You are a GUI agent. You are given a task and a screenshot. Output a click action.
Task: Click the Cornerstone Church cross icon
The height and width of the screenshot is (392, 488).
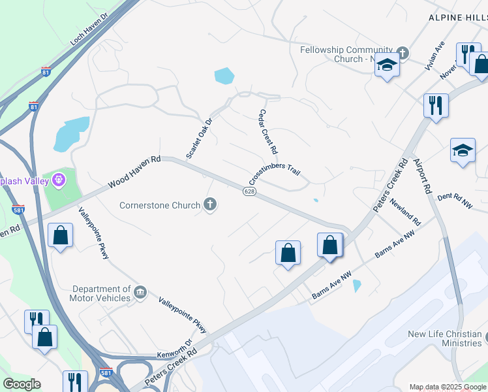tap(210, 205)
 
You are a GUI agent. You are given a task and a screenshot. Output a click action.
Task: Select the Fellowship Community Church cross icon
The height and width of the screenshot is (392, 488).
tap(403, 52)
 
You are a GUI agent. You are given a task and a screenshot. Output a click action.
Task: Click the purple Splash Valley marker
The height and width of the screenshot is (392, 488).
tap(59, 178)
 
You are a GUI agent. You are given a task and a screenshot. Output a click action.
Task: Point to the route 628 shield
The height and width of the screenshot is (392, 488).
tap(249, 191)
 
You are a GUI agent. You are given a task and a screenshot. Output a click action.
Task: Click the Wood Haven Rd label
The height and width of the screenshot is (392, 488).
tap(134, 172)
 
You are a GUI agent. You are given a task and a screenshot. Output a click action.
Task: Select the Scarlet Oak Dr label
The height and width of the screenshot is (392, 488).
tap(199, 138)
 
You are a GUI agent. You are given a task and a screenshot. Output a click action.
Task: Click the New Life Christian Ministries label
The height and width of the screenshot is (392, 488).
tap(444, 338)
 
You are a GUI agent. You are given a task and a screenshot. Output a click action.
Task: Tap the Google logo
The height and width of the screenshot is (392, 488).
tap(22, 384)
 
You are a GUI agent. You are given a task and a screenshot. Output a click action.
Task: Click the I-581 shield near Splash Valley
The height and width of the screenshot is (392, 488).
tap(18, 210)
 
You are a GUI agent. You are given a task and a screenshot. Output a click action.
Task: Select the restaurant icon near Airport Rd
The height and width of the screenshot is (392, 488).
tap(435, 105)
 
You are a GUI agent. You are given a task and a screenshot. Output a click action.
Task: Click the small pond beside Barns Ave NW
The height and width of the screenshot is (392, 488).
tap(356, 286)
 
